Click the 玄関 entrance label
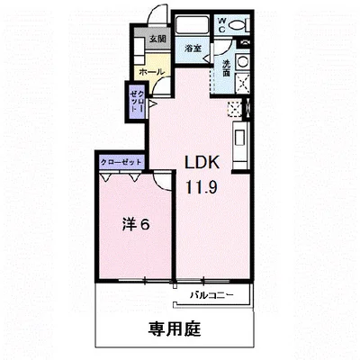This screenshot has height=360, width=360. [x=157, y=40]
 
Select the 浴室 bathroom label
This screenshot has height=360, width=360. [x=192, y=48]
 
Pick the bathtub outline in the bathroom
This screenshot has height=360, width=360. [x=192, y=26]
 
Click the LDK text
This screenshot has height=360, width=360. [x=204, y=165]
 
